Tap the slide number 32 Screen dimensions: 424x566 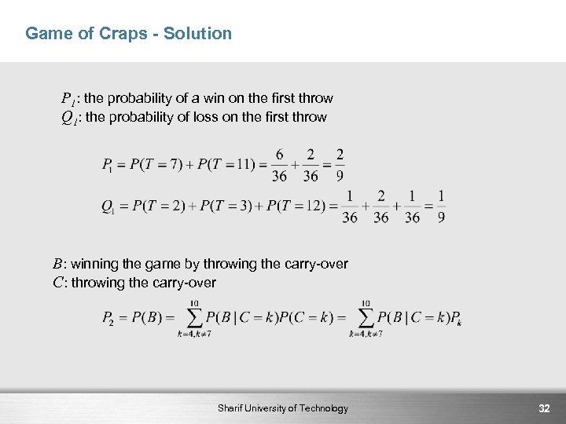[544, 408]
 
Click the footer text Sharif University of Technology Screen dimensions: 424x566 [283, 408]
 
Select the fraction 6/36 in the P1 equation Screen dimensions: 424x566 [280, 165]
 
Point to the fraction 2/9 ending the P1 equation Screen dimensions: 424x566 [340, 165]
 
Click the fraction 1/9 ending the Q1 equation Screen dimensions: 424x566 [441, 207]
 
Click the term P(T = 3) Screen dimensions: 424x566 [229, 207]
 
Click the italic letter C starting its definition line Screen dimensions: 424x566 [57, 283]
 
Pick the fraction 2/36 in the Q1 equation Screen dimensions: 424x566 [381, 207]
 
